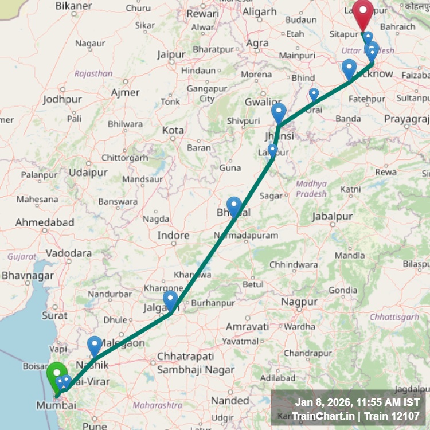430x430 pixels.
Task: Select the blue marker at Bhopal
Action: coord(234,205)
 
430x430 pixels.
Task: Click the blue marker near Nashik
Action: coord(95,346)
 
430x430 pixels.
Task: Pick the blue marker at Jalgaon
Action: coord(170,300)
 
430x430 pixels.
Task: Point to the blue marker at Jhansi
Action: coord(279,112)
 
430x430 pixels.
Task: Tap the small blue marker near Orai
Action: coord(314,94)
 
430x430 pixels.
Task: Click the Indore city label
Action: coord(173,236)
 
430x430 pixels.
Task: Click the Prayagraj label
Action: coord(407,119)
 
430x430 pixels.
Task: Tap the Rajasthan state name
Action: coord(93,73)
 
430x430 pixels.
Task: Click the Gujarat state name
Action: coord(22,256)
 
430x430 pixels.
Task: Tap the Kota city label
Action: coord(173,130)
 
